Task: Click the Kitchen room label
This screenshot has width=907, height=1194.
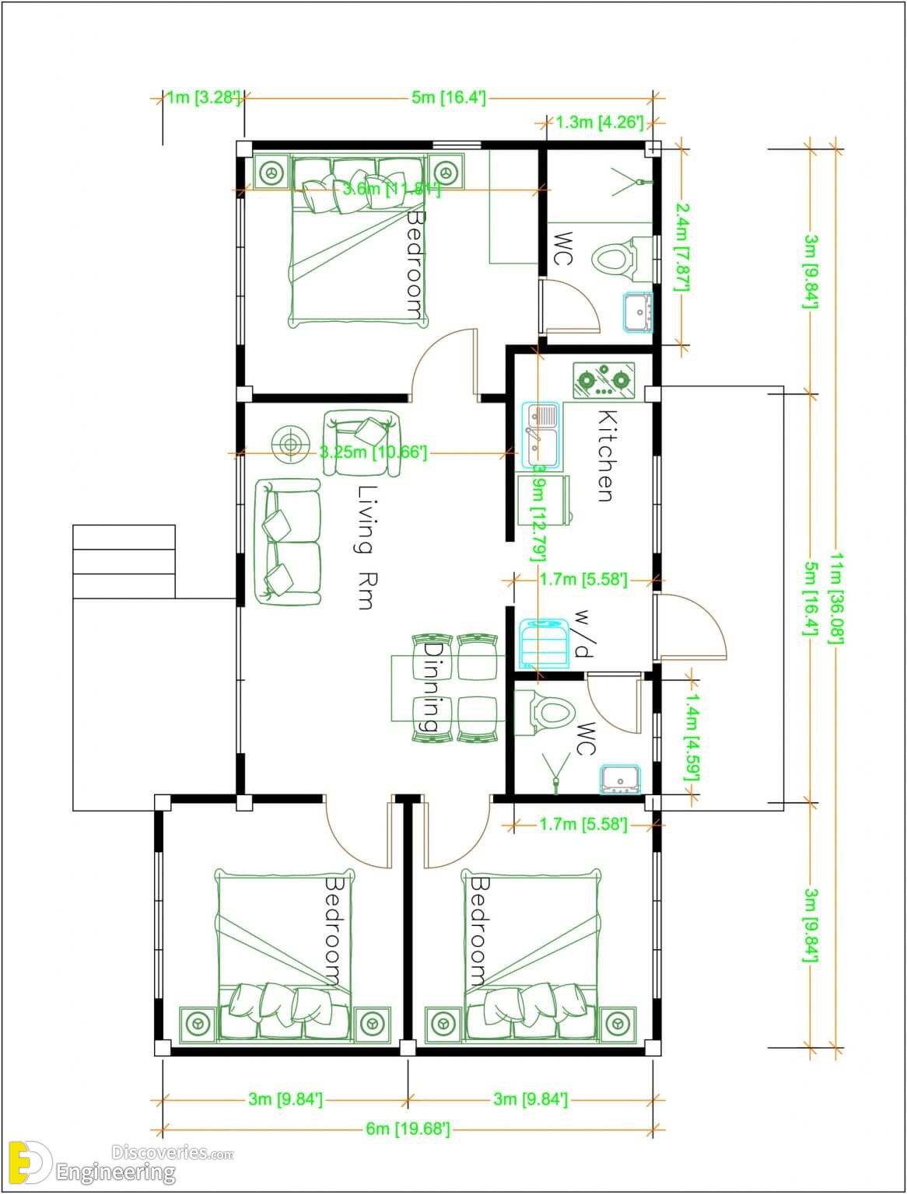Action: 606,456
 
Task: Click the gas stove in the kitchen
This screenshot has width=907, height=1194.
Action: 604,380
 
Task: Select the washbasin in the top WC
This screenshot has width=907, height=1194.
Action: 637,312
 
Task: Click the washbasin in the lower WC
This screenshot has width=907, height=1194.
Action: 620,779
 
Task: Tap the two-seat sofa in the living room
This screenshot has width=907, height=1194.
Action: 287,543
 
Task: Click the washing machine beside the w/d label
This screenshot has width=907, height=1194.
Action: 545,644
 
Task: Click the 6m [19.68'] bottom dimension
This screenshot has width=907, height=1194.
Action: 408,1129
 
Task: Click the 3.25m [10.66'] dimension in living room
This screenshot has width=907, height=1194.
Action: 373,452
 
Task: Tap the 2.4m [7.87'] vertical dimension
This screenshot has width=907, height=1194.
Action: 682,246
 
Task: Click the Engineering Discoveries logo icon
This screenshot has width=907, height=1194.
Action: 30,1163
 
